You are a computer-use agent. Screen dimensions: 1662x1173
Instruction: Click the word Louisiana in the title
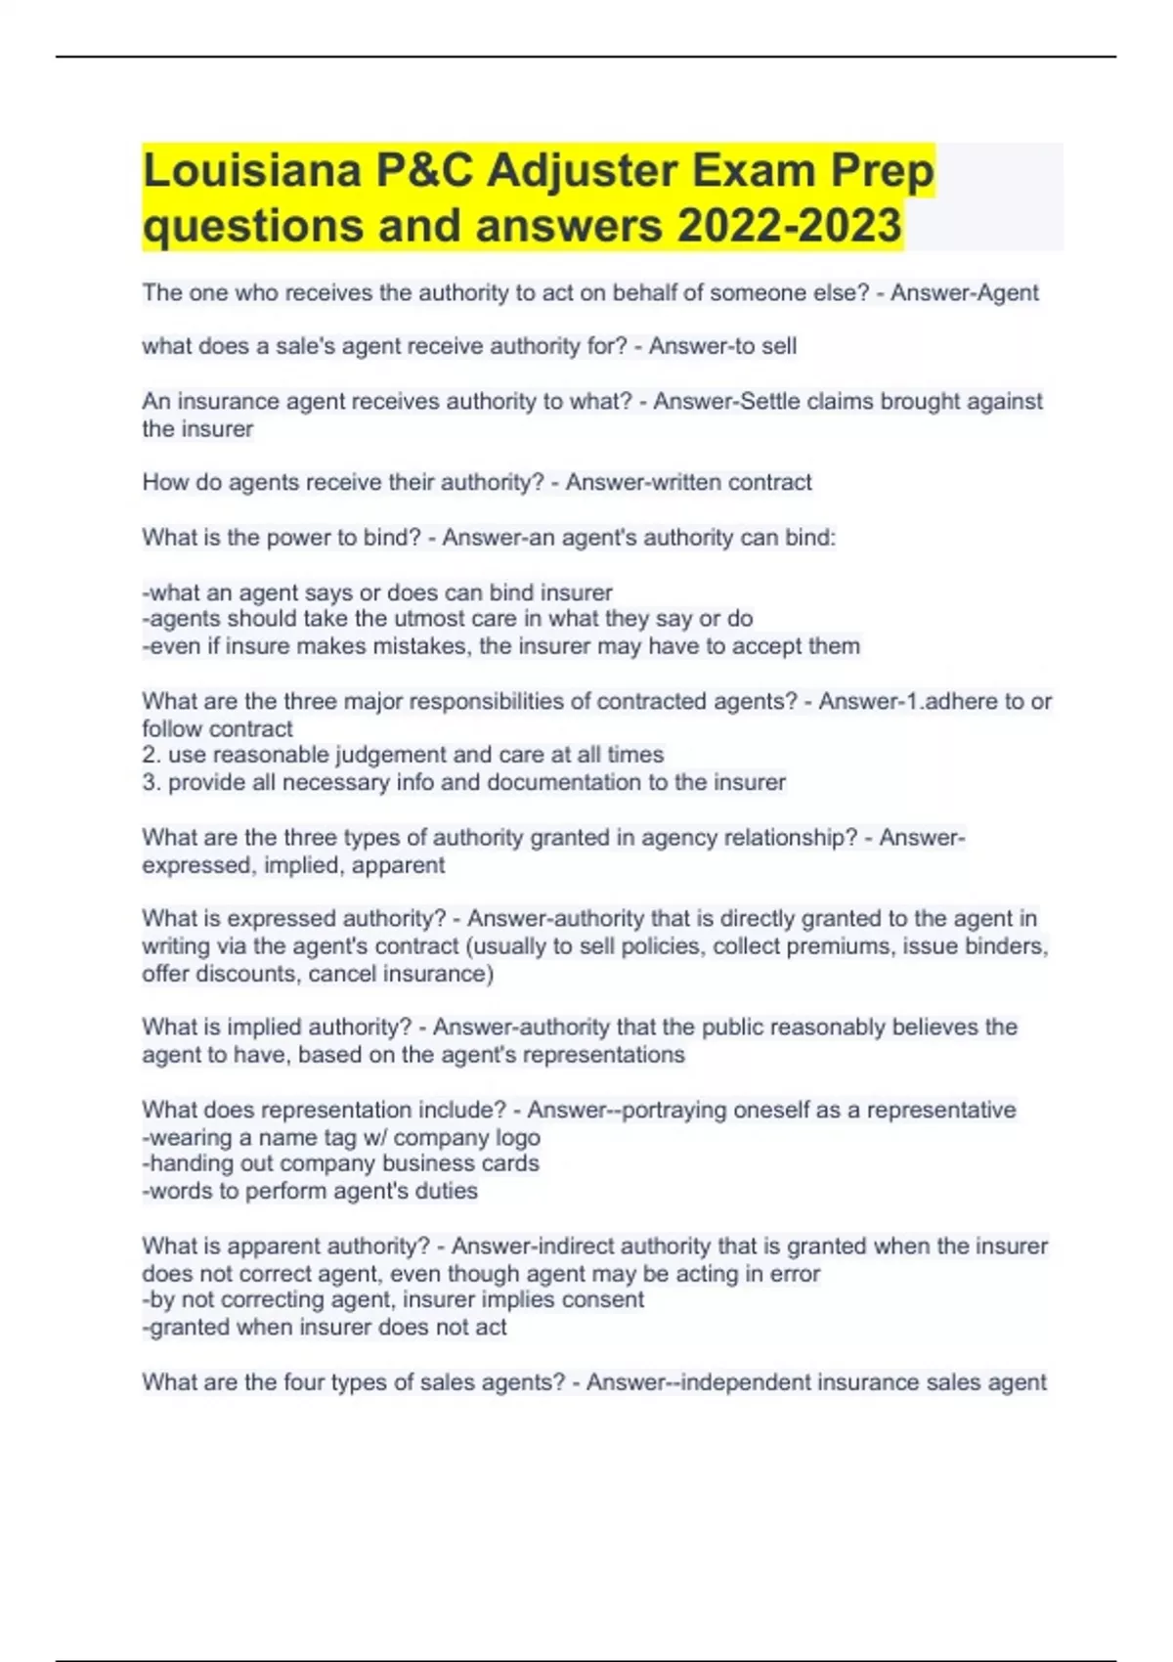(251, 171)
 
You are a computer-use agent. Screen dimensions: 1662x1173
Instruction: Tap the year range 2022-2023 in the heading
(789, 226)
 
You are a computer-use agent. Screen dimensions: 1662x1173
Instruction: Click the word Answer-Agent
(964, 292)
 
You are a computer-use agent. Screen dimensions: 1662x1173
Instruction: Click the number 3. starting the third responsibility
(152, 782)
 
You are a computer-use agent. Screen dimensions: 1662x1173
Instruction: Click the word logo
(518, 1137)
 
